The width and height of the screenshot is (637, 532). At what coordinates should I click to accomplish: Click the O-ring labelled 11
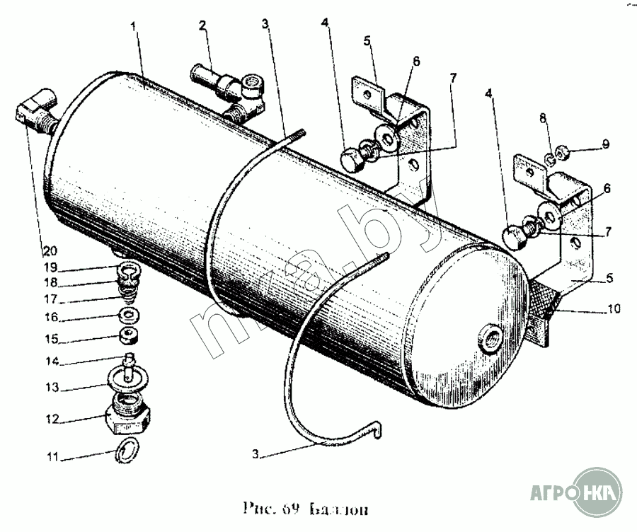click(x=127, y=449)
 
